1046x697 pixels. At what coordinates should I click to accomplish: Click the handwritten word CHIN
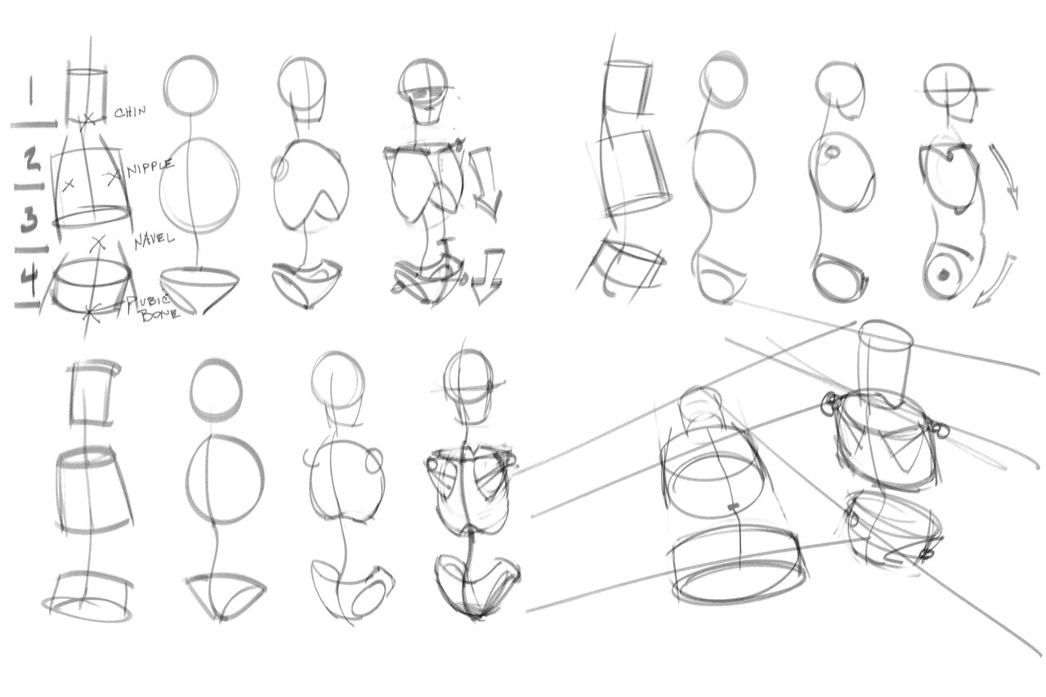tap(130, 112)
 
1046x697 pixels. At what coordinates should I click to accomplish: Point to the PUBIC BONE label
tap(152, 307)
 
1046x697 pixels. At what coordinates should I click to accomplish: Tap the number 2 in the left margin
tap(31, 160)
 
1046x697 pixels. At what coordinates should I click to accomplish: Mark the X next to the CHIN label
tap(88, 120)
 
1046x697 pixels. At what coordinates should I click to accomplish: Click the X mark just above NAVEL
tap(99, 241)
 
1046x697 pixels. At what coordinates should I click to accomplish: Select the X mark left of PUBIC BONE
tap(93, 311)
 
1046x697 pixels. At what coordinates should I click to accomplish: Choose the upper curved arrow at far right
tap(1006, 176)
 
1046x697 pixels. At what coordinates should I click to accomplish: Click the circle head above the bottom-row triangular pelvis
tap(217, 390)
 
